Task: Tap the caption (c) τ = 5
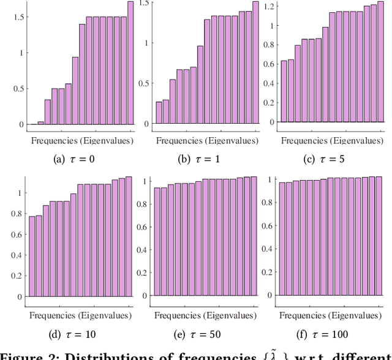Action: coord(328,160)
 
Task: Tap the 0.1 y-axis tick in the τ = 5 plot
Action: coord(267,112)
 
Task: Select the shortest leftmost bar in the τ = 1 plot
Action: coord(159,113)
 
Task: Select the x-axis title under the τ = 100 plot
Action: coord(331,315)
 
